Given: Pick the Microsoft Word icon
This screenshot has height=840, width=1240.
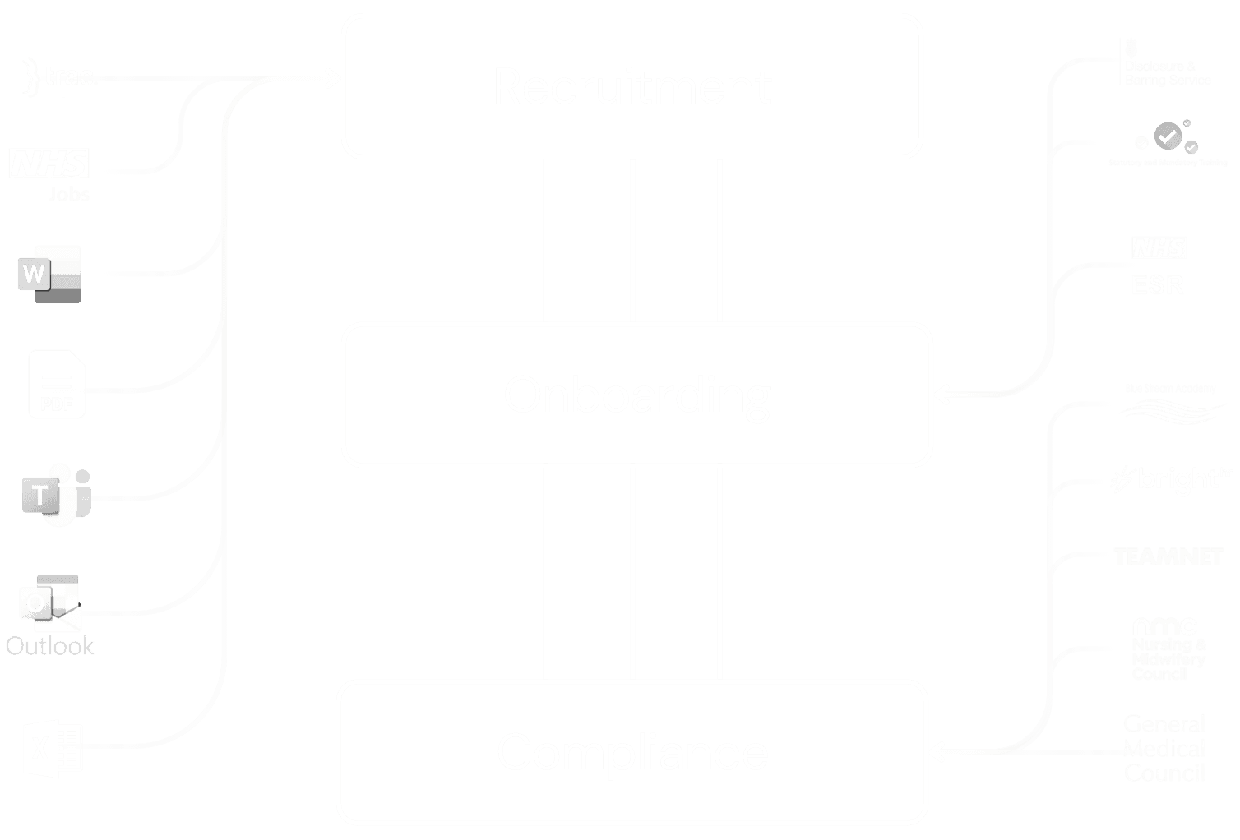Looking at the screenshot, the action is pos(49,274).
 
